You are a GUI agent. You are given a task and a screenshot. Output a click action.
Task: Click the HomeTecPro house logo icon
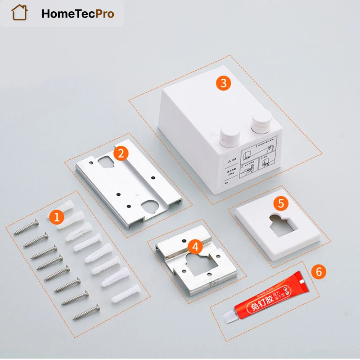[x=20, y=13]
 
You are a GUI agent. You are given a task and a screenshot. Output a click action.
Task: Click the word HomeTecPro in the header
[x=77, y=13]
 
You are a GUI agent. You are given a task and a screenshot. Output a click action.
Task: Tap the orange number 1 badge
[x=56, y=217]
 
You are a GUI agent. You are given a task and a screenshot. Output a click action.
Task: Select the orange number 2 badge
[x=121, y=153]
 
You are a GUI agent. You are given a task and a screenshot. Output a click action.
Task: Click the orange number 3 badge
[x=223, y=83]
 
